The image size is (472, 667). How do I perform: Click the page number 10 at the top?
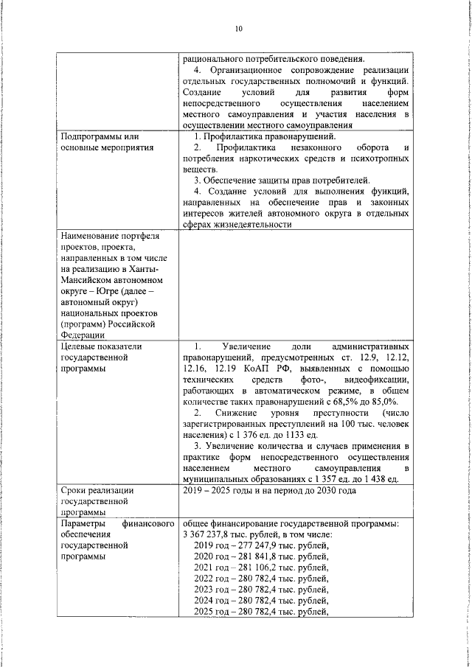click(x=238, y=29)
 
